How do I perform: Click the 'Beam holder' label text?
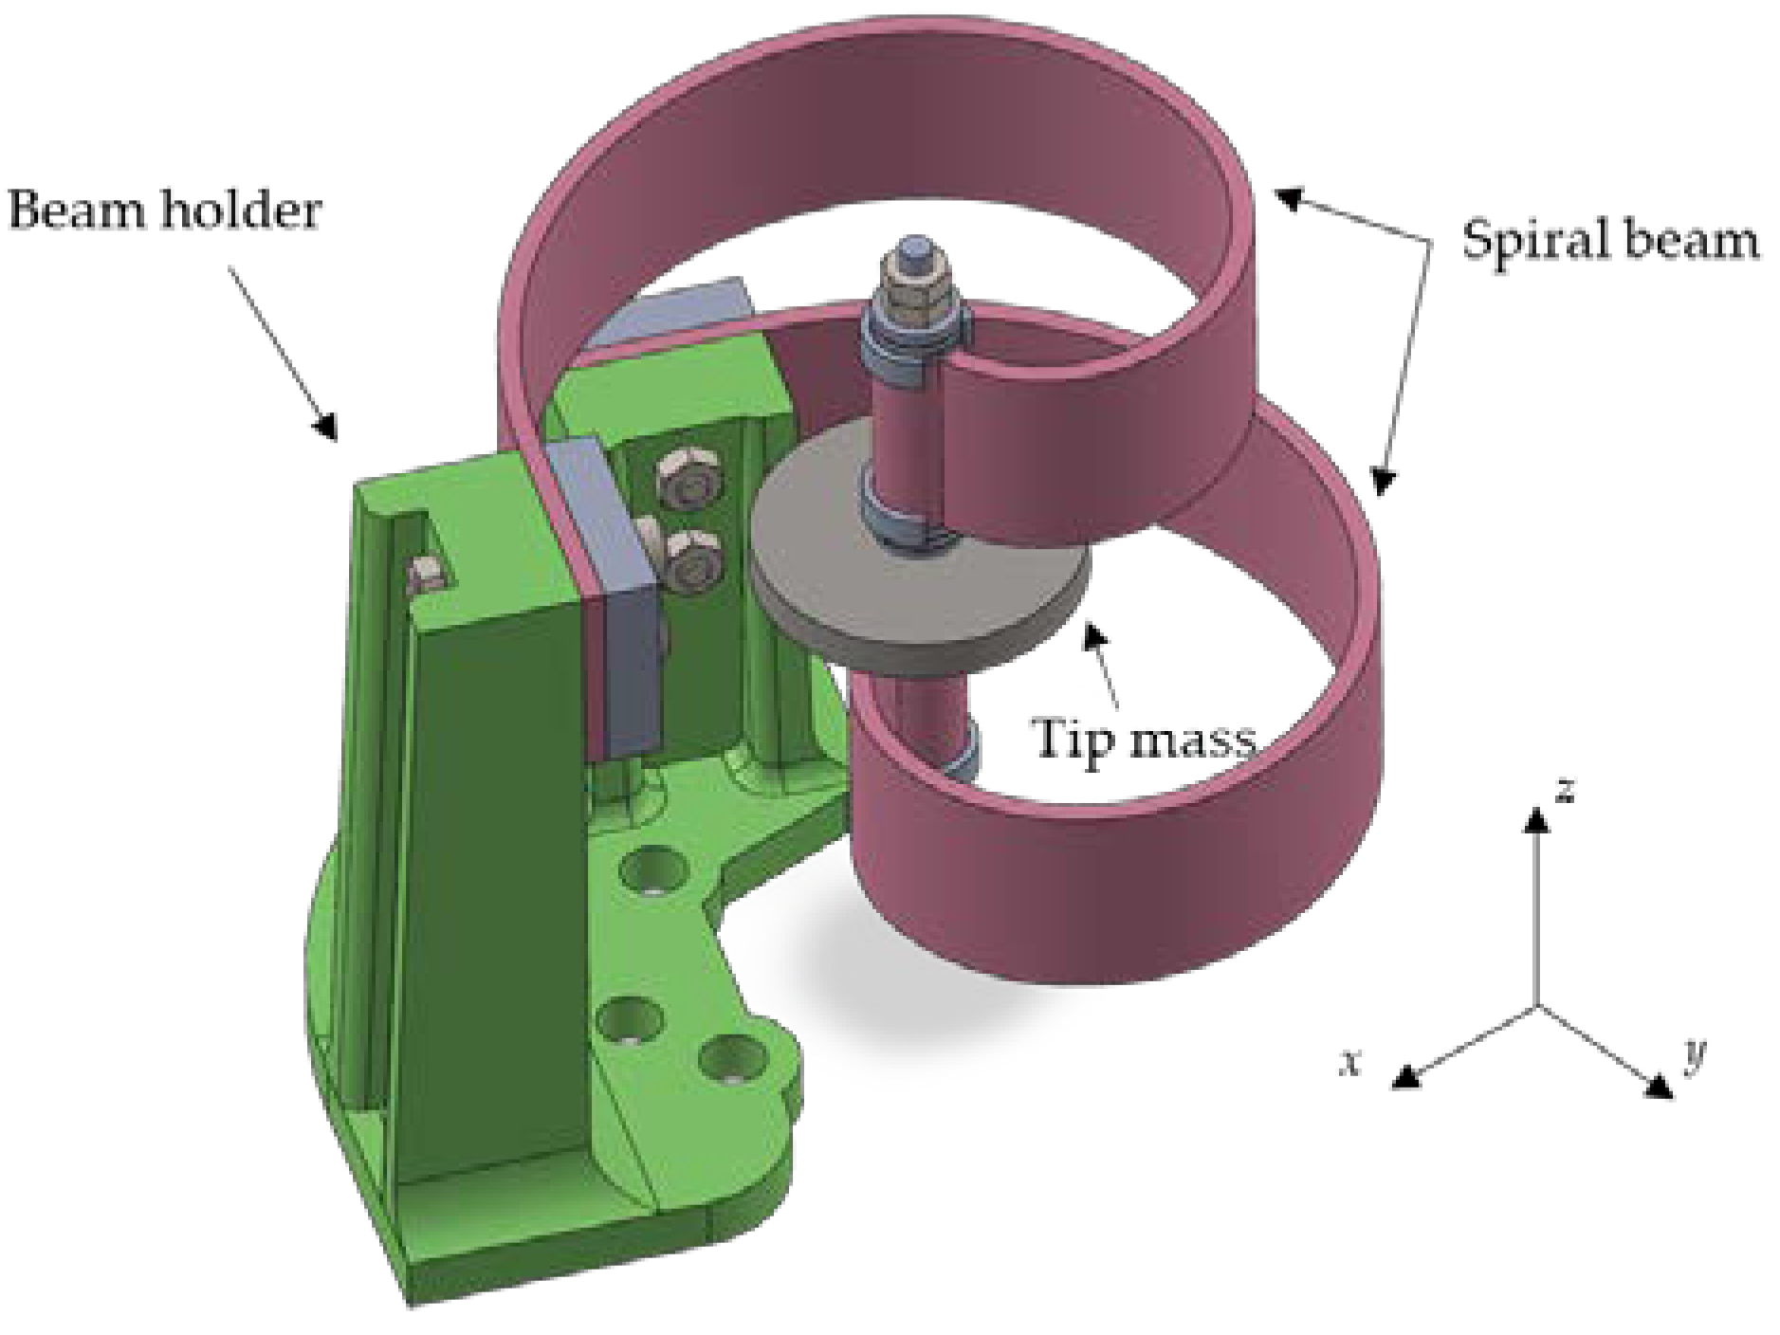(x=163, y=210)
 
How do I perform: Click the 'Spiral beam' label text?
(x=1609, y=239)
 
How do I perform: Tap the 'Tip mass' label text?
(x=1144, y=739)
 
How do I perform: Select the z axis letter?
(x=1566, y=789)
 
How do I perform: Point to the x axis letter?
(x=1349, y=1062)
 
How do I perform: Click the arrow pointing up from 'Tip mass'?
(x=1105, y=665)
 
